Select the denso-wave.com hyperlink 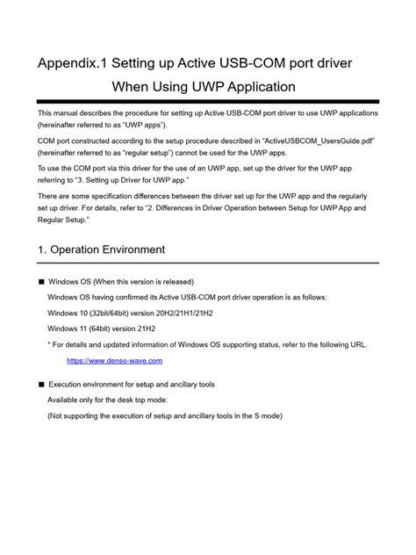pos(114,361)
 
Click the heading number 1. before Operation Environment pos(43,249)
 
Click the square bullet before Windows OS pos(40,283)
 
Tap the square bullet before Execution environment pos(40,385)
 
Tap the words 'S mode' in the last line pos(265,416)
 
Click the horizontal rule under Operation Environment pos(208,263)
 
